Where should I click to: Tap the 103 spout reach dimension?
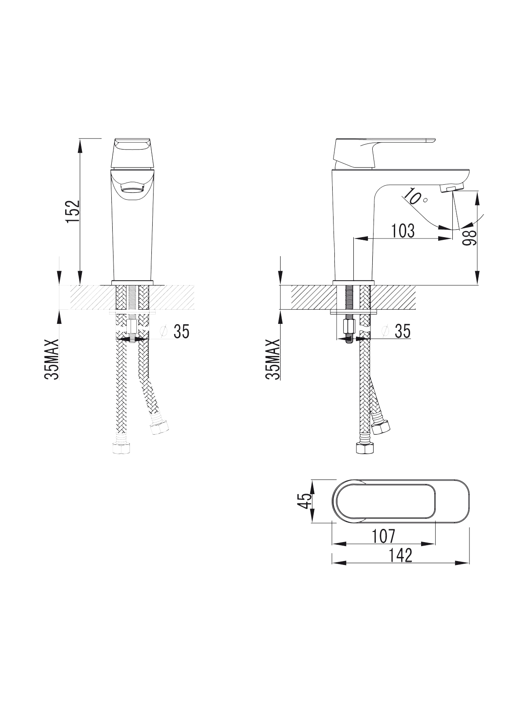(403, 231)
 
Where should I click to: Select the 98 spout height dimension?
(469, 237)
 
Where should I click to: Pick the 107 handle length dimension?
(383, 535)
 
